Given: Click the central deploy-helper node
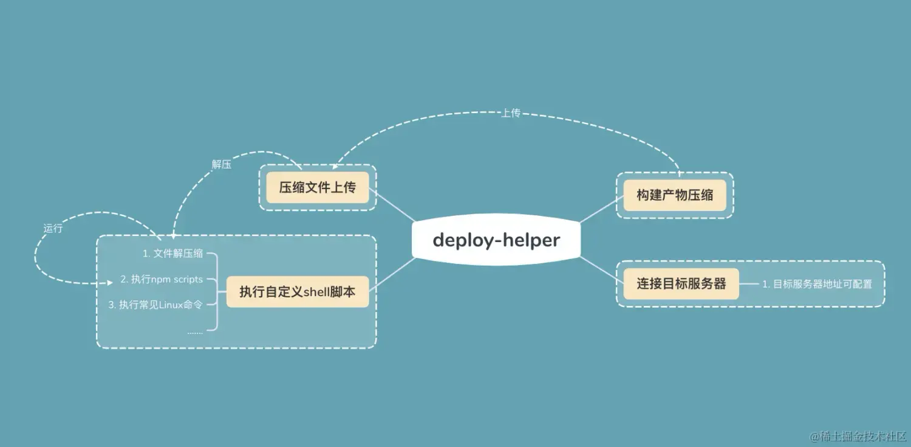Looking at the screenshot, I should pyautogui.click(x=496, y=240).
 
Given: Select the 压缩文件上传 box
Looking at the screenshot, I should pyautogui.click(x=317, y=187).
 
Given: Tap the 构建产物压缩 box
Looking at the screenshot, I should pyautogui.click(x=675, y=195).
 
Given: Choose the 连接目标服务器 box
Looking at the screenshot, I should pyautogui.click(x=681, y=283).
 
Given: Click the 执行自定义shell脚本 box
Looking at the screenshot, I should pyautogui.click(x=297, y=291).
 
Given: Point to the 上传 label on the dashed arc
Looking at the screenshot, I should pyautogui.click(x=510, y=113).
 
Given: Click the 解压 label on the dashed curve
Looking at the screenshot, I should pyautogui.click(x=221, y=165).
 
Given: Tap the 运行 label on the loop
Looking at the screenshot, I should pyautogui.click(x=53, y=229).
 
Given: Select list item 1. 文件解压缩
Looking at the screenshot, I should pyautogui.click(x=172, y=254).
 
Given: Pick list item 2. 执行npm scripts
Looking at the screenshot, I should pyautogui.click(x=162, y=279).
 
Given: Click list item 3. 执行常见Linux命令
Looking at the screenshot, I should pyautogui.click(x=155, y=305).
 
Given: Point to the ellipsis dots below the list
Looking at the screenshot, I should pyautogui.click(x=195, y=332).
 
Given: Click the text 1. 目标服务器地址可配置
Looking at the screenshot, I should pyautogui.click(x=817, y=284).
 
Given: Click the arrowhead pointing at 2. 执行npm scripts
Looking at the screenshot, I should pyautogui.click(x=110, y=282).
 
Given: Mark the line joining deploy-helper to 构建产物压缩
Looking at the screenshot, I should pyautogui.click(x=599, y=210).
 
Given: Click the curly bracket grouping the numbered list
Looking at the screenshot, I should pyautogui.click(x=214, y=291).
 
